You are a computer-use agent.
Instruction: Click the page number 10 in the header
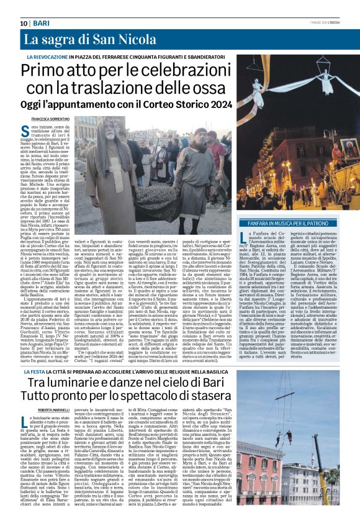coord(24,22)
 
